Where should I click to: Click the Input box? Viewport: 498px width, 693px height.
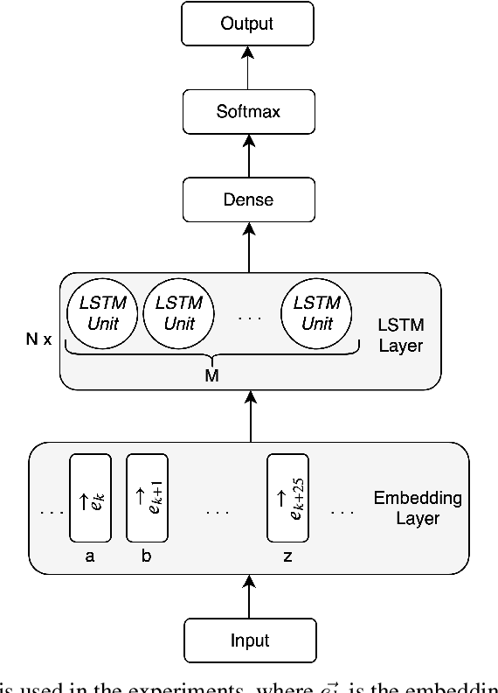point(249,639)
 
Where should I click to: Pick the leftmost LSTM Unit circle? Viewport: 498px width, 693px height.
point(102,313)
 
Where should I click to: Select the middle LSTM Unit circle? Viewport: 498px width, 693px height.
point(178,313)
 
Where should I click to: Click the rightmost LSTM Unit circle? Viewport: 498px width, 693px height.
point(316,313)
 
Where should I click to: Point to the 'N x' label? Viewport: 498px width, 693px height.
point(38,338)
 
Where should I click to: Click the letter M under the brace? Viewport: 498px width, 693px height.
point(211,375)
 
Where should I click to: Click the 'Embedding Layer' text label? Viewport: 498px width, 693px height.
point(417,508)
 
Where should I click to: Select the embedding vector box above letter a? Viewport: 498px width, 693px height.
point(90,497)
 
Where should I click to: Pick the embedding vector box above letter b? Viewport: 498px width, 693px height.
point(146,497)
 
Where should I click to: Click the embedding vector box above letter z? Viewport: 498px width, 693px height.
point(287,497)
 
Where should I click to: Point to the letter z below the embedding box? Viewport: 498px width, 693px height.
point(287,556)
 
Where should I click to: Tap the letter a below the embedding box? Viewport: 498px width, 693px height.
point(90,556)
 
